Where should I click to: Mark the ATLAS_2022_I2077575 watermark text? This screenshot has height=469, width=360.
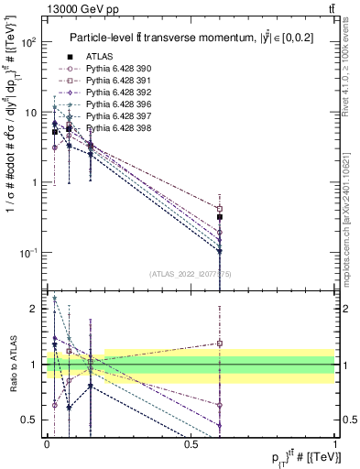coord(191,273)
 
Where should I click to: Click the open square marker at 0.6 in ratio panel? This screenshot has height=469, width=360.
coord(220,344)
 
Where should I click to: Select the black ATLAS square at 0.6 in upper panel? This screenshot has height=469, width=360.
coord(220,217)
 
